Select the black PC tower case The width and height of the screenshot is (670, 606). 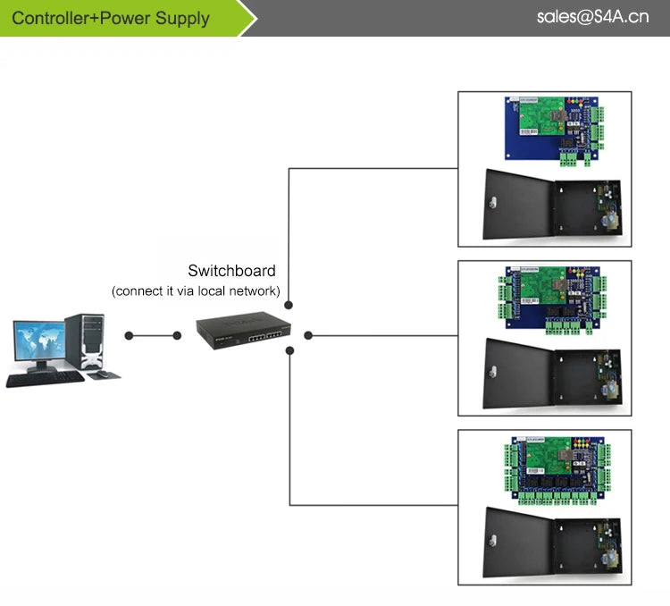86,341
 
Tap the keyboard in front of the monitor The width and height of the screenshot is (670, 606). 45,378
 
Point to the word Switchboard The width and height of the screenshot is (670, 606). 231,271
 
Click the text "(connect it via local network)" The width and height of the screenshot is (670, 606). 196,291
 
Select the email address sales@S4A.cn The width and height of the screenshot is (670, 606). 592,17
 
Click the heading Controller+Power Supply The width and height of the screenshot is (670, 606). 112,18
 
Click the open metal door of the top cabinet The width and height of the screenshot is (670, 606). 517,206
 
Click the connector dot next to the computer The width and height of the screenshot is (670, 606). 130,336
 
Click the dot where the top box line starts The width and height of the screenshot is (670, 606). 289,306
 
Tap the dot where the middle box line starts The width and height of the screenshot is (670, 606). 308,336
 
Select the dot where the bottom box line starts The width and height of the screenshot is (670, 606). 289,351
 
